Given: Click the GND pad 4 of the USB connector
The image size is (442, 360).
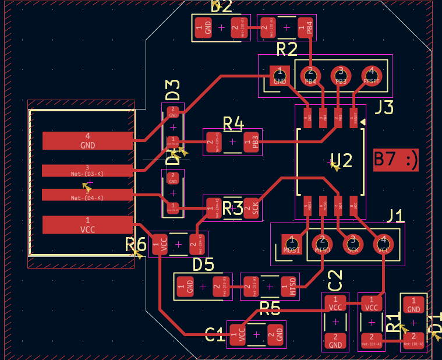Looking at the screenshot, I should coord(87,140).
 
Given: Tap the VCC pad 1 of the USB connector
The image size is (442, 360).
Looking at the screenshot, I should coord(87,225).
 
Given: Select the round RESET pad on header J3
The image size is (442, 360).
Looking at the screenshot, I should coord(371,75).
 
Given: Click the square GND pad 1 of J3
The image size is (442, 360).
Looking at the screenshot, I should coord(280,75).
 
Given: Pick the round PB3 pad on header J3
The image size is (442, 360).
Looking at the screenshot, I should coord(341,75).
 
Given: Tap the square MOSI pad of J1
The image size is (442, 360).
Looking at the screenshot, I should coord(291,243).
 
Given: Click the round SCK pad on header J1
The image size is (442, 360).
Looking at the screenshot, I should coord(352,243).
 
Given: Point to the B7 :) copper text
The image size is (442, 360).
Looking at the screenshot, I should coord(396,160).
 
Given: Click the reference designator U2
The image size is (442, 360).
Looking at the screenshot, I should coord(342,160).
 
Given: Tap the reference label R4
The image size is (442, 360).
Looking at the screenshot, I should coord(233,123).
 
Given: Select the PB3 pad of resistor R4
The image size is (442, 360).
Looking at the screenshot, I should coord(253,142).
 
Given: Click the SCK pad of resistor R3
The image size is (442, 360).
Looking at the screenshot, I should coord(253,208).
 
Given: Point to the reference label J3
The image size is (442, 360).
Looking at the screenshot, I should coord(384,108).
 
